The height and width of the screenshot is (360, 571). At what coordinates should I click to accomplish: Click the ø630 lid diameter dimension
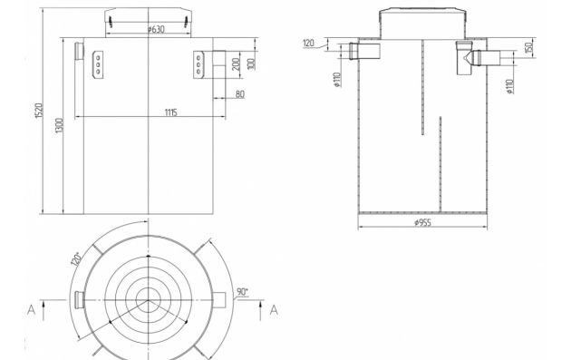pyautogui.click(x=156, y=29)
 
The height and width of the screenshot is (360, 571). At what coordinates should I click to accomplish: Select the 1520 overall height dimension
pyautogui.click(x=39, y=111)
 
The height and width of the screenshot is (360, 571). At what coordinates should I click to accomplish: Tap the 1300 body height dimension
pyautogui.click(x=59, y=125)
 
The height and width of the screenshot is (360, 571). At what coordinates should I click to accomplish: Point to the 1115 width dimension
pyautogui.click(x=170, y=112)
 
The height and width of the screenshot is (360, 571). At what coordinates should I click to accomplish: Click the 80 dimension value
pyautogui.click(x=239, y=94)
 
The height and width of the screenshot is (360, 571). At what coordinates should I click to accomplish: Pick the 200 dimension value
pyautogui.click(x=236, y=64)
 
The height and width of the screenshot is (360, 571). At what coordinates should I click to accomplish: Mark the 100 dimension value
pyautogui.click(x=251, y=63)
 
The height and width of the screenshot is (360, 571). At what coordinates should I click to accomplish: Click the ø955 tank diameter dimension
pyautogui.click(x=422, y=222)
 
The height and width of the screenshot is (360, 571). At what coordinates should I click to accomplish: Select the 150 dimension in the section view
pyautogui.click(x=529, y=47)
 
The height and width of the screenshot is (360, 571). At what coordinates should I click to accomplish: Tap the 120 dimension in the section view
pyautogui.click(x=308, y=43)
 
